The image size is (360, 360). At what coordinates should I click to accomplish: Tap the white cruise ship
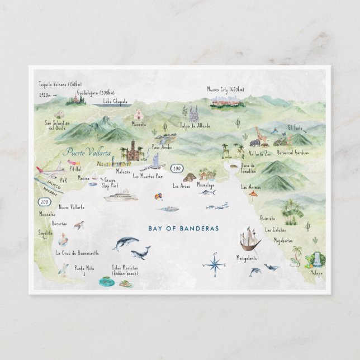[x=121, y=195]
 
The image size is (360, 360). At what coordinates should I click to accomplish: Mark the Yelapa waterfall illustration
[x=316, y=258]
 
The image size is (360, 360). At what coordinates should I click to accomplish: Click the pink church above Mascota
[x=138, y=114]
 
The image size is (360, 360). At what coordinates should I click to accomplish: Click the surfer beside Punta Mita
[x=65, y=269]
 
